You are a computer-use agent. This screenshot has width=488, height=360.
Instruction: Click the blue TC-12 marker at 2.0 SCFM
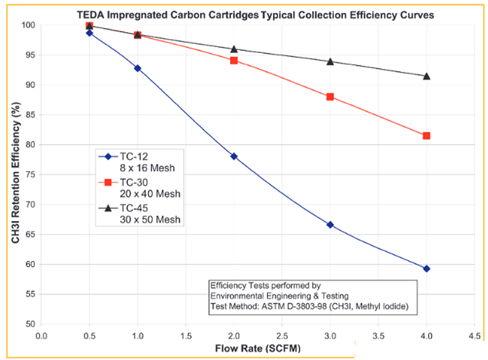tap(234, 156)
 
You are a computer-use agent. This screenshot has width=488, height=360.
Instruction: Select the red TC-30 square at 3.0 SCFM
tap(330, 96)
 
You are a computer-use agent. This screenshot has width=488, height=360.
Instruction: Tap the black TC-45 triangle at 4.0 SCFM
tap(426, 75)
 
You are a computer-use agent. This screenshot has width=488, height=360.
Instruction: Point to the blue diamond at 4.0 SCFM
tap(426, 269)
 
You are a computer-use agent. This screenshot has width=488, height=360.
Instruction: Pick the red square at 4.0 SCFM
tap(426, 135)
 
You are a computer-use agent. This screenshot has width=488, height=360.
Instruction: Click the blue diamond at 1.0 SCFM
tap(137, 68)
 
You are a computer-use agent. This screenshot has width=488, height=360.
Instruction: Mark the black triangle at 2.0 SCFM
tap(234, 49)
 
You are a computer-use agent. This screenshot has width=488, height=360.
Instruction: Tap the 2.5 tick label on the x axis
tap(282, 336)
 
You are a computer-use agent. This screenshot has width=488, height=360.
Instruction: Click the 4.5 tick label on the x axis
tap(474, 336)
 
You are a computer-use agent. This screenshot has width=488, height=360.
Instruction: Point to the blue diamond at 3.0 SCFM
tap(330, 225)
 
